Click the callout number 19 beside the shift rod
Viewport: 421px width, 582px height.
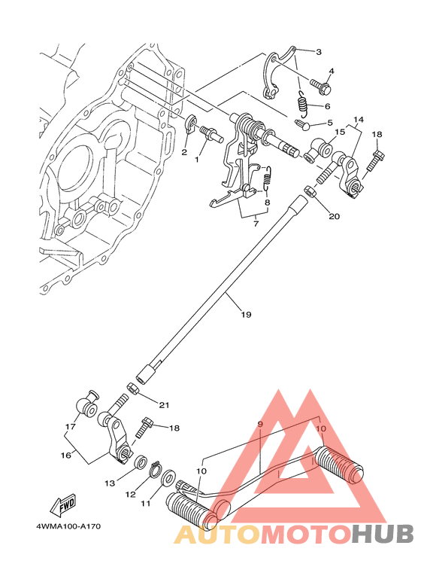(246, 315)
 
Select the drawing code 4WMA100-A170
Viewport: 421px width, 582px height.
(68, 526)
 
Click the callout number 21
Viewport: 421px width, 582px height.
(164, 404)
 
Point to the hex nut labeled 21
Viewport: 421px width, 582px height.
(133, 389)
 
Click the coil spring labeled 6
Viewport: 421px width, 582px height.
(304, 102)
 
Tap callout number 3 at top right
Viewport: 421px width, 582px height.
(319, 52)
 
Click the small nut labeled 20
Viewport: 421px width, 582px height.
(310, 191)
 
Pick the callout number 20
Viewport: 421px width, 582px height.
(335, 216)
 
